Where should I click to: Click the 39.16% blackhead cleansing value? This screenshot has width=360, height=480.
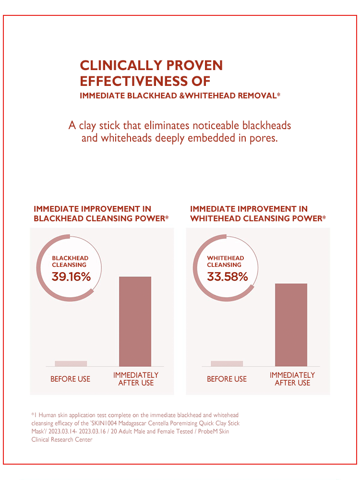[71, 276]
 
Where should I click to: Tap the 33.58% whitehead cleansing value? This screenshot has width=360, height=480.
[227, 276]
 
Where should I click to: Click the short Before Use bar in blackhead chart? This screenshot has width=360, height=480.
[71, 363]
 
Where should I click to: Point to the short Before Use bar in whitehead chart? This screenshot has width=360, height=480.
[227, 363]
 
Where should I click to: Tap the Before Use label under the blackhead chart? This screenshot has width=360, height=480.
[70, 379]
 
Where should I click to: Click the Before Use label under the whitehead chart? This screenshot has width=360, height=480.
[227, 379]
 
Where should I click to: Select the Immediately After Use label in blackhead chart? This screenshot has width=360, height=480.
[136, 379]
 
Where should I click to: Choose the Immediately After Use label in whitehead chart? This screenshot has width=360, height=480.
[292, 379]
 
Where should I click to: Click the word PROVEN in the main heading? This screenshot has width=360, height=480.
[194, 65]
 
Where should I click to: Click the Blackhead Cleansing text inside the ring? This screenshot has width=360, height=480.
[70, 261]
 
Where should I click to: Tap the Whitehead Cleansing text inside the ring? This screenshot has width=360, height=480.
[226, 261]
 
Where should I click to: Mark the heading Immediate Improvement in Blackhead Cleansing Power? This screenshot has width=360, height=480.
[101, 214]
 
